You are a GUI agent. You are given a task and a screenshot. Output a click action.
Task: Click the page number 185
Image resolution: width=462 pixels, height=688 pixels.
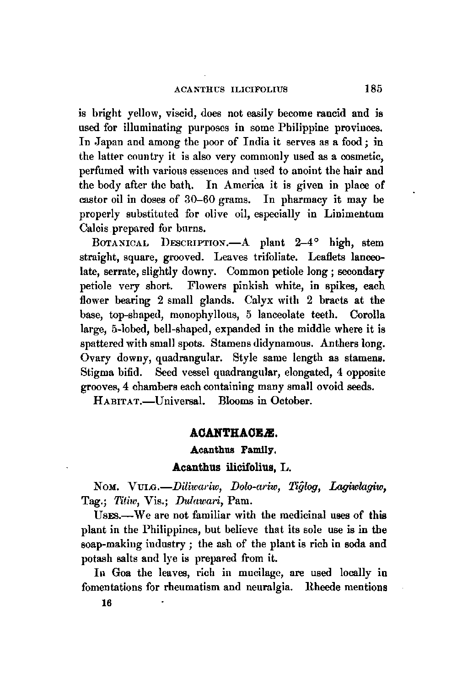tap(373, 88)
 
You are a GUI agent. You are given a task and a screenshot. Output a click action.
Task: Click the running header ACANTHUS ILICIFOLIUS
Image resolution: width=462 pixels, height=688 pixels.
tap(231, 90)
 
